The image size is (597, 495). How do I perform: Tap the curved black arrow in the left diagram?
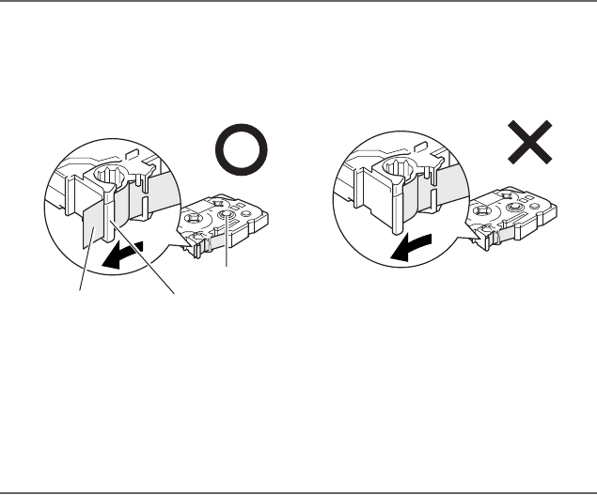pyautogui.click(x=124, y=255)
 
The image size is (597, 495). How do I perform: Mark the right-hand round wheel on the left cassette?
pyautogui.click(x=228, y=220)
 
